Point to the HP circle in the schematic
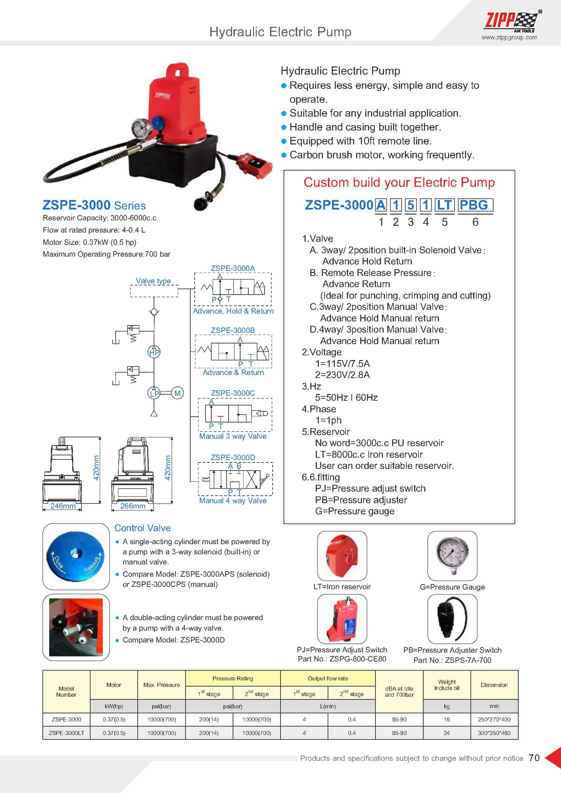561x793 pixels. click(x=154, y=353)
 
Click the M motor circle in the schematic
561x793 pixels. click(x=177, y=393)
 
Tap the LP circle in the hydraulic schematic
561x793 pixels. click(x=154, y=393)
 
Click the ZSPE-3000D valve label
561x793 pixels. click(x=233, y=457)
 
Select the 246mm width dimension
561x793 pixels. click(x=63, y=506)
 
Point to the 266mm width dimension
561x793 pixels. click(x=133, y=506)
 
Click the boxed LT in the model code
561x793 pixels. click(x=444, y=205)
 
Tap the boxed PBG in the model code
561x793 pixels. click(x=475, y=205)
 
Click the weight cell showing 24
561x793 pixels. click(x=447, y=733)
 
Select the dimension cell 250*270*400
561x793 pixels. click(x=494, y=719)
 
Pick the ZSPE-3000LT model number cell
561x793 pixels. click(x=66, y=733)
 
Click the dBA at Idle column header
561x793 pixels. click(x=399, y=691)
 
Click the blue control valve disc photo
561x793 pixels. click(x=76, y=556)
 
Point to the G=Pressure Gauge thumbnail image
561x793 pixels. click(x=452, y=556)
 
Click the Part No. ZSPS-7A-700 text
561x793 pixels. click(x=452, y=660)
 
